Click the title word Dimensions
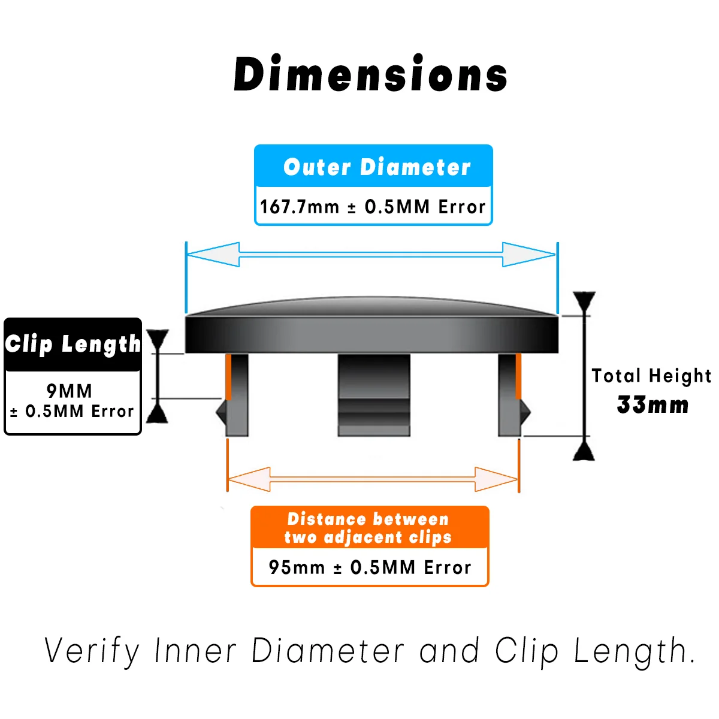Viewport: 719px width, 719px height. (371, 74)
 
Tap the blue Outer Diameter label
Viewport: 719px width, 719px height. (377, 167)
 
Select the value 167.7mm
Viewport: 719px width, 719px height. (299, 207)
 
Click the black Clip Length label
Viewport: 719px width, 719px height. (72, 344)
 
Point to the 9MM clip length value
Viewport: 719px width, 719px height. (70, 391)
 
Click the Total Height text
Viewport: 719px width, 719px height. (651, 376)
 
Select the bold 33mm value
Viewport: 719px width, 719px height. (652, 405)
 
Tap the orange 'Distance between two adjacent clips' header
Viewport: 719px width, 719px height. (368, 528)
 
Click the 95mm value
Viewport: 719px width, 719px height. (297, 567)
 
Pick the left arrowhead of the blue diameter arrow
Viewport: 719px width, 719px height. (213, 255)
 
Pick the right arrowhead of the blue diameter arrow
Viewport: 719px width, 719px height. (528, 255)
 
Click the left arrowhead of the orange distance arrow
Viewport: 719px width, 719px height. (249, 479)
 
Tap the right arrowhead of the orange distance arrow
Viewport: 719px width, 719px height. (496, 479)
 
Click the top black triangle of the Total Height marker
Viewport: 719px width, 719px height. (584, 301)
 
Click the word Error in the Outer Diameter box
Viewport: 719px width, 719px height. (462, 207)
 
